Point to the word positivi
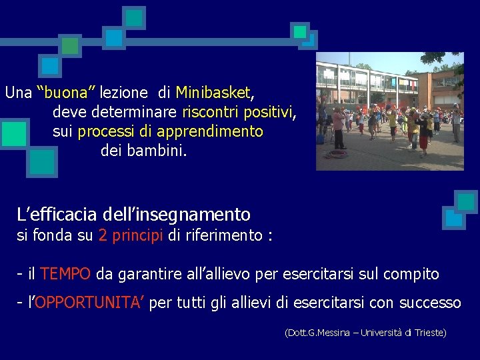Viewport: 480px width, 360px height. [x=269, y=112]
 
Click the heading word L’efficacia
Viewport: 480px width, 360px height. [x=58, y=215]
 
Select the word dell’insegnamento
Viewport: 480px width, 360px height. [x=177, y=215]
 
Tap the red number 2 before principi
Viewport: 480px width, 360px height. [x=103, y=235]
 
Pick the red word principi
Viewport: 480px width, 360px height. [x=138, y=235]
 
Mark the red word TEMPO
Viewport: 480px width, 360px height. [x=65, y=274]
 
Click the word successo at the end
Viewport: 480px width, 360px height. [x=430, y=303]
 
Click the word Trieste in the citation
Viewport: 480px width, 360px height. [x=429, y=332]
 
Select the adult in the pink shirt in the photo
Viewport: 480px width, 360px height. [x=339, y=127]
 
